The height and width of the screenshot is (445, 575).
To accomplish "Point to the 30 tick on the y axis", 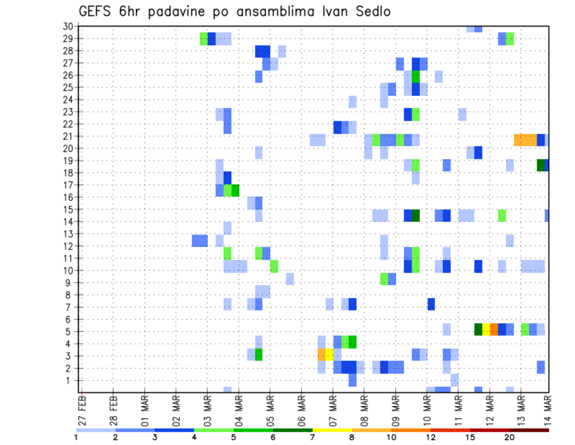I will pyautogui.click(x=68, y=26).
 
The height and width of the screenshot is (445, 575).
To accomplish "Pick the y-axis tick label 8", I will pyautogui.click(x=71, y=294).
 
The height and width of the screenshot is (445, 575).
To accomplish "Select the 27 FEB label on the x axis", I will pyautogui.click(x=83, y=408).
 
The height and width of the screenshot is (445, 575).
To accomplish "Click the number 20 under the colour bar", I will pyautogui.click(x=510, y=437).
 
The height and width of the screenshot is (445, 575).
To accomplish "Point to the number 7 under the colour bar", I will pyautogui.click(x=313, y=437).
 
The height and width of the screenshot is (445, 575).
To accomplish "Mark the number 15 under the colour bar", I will pyautogui.click(x=470, y=437).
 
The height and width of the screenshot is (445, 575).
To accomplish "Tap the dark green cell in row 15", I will pyautogui.click(x=416, y=215).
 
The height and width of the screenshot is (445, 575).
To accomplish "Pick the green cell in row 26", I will pyautogui.click(x=416, y=76).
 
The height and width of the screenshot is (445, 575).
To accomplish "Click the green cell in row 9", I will pyautogui.click(x=384, y=279).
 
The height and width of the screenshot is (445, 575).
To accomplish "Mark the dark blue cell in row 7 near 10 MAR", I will pyautogui.click(x=431, y=303).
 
